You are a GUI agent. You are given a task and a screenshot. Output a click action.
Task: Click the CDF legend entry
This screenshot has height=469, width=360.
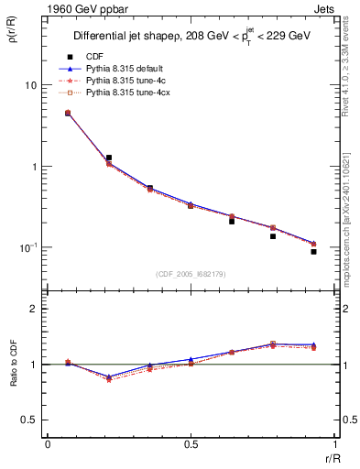tap(95, 57)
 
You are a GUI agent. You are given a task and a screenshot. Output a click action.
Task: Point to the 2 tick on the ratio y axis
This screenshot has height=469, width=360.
tap(34, 309)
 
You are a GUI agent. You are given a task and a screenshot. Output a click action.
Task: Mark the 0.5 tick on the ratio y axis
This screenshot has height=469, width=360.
tap(30, 420)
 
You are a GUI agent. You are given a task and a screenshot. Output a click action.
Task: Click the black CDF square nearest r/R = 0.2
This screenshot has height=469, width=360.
tap(109, 158)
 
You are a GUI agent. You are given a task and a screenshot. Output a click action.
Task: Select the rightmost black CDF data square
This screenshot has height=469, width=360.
tap(313, 251)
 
